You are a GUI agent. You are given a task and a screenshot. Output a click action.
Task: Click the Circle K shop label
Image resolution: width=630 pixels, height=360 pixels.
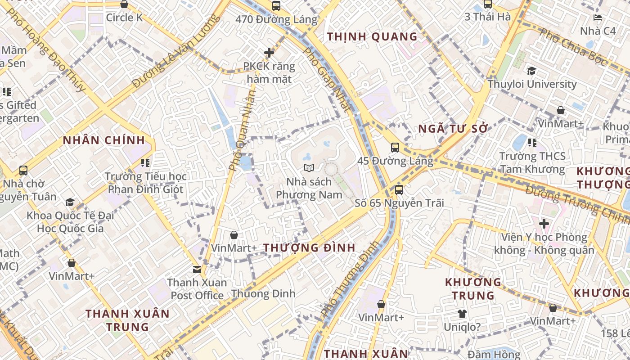(x=124, y=18)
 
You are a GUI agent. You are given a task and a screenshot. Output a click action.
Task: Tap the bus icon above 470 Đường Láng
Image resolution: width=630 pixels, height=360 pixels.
(x=276, y=6)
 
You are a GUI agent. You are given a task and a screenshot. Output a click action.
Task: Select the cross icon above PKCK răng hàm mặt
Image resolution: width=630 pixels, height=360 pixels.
(x=269, y=53)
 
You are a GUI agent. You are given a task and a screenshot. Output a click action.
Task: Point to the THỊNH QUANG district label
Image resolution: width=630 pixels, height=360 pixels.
(x=372, y=36)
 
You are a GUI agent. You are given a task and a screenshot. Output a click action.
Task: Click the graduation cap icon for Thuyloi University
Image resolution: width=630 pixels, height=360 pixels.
(x=531, y=71)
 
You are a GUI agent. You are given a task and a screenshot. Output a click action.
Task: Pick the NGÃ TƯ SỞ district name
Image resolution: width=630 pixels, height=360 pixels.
(x=453, y=129)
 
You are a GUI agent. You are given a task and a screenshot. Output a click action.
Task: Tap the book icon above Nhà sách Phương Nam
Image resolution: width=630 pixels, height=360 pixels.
(x=309, y=168)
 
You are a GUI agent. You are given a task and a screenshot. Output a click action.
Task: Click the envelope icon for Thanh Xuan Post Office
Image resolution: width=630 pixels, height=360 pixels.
(x=197, y=269)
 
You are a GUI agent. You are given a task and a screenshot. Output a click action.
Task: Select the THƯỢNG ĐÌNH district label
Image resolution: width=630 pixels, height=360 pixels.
(x=309, y=247)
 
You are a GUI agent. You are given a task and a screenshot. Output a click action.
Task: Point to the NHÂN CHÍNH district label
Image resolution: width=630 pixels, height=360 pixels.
(x=104, y=140)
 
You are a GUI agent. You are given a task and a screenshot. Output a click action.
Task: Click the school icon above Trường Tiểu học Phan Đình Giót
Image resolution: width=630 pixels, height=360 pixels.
(x=145, y=162)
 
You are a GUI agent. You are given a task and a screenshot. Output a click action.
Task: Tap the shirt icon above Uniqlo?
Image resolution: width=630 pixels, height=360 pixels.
(x=462, y=314)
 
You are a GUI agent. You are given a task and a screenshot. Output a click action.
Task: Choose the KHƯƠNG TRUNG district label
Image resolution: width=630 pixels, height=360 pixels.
(x=473, y=289)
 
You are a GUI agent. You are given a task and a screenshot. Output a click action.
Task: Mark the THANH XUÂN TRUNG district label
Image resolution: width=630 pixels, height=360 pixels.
(x=128, y=320)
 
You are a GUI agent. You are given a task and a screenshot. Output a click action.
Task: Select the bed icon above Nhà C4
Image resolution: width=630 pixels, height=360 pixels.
(x=598, y=18)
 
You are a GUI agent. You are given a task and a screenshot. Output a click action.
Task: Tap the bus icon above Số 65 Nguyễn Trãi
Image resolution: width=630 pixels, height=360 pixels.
(x=399, y=189)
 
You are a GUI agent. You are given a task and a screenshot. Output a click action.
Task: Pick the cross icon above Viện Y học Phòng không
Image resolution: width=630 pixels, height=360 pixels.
(x=544, y=223)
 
